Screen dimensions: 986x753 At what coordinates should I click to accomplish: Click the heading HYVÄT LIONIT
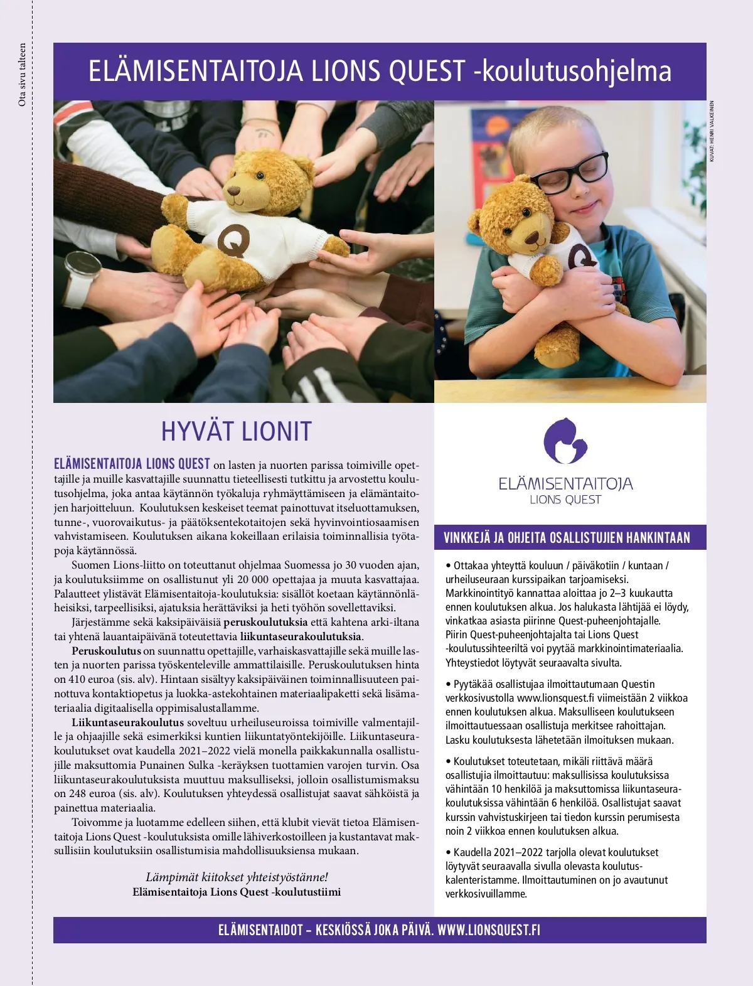coord(237,431)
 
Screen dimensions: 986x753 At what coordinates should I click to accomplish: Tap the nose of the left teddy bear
coord(233,190)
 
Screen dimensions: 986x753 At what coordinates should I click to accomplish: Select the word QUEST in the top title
coord(426,72)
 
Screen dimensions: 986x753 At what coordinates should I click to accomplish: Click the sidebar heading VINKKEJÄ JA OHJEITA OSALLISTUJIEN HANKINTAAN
coord(567,538)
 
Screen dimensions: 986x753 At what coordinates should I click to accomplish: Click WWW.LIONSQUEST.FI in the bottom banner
coord(489,930)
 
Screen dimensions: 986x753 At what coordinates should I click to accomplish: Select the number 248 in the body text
coord(78,793)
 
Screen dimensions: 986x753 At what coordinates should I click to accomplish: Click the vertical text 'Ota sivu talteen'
coord(23,75)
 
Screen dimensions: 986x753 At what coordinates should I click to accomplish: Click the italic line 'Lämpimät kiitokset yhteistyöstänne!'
coord(237,877)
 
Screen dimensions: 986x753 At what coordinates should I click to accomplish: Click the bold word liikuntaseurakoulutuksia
coord(301,636)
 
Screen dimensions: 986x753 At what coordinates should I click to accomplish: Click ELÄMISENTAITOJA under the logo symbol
coord(565,484)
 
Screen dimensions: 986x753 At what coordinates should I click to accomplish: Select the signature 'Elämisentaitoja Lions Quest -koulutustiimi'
coord(237,892)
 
